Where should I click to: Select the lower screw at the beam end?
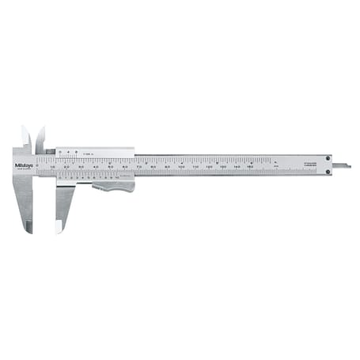coord(327,171)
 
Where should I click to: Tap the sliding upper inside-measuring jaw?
coord(40,138)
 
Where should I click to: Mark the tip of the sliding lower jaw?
coord(59,229)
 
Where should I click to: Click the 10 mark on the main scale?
coord(52,166)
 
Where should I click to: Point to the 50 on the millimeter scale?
coord(110,166)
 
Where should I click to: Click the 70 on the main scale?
coord(138,166)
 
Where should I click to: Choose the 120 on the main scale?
coord(209,166)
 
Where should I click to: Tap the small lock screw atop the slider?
coord(50,150)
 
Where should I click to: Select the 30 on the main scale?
coord(81,166)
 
